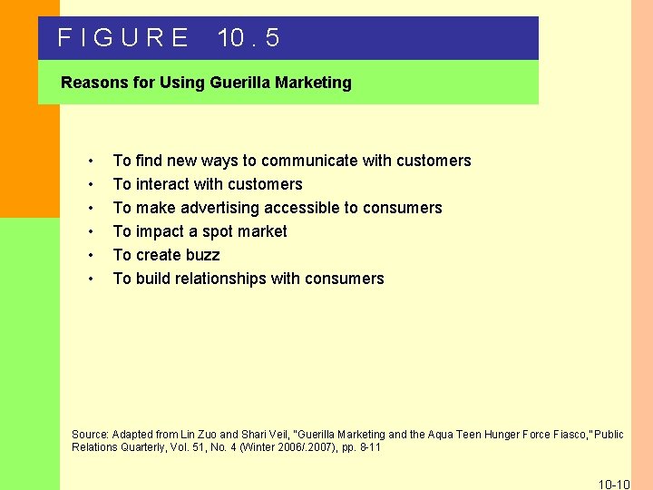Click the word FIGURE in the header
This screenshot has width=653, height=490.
coord(122,38)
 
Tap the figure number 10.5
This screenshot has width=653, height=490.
coord(249,38)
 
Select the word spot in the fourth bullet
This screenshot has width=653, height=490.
coord(219,231)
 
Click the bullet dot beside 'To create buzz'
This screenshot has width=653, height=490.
coord(93,256)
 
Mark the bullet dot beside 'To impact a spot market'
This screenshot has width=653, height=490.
coord(93,232)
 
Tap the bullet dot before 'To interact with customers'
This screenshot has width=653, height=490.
coord(93,185)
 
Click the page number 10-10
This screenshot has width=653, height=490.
coord(614,484)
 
